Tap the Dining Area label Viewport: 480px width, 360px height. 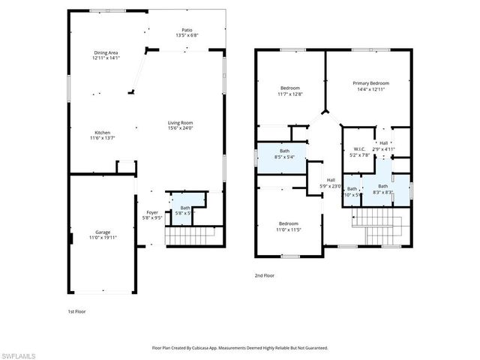point(106,52)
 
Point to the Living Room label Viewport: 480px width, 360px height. point(180,123)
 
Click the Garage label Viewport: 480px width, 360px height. point(103,232)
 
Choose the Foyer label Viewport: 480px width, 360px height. point(152,213)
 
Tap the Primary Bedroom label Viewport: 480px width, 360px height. point(370,83)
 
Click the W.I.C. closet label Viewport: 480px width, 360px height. point(359,148)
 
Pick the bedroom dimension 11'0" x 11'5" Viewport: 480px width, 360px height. point(289,229)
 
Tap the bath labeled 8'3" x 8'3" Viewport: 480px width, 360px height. point(382,192)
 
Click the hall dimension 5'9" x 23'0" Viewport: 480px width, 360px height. point(331,186)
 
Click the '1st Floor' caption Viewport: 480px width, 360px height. point(76,310)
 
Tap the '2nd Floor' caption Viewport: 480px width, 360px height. point(264,275)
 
